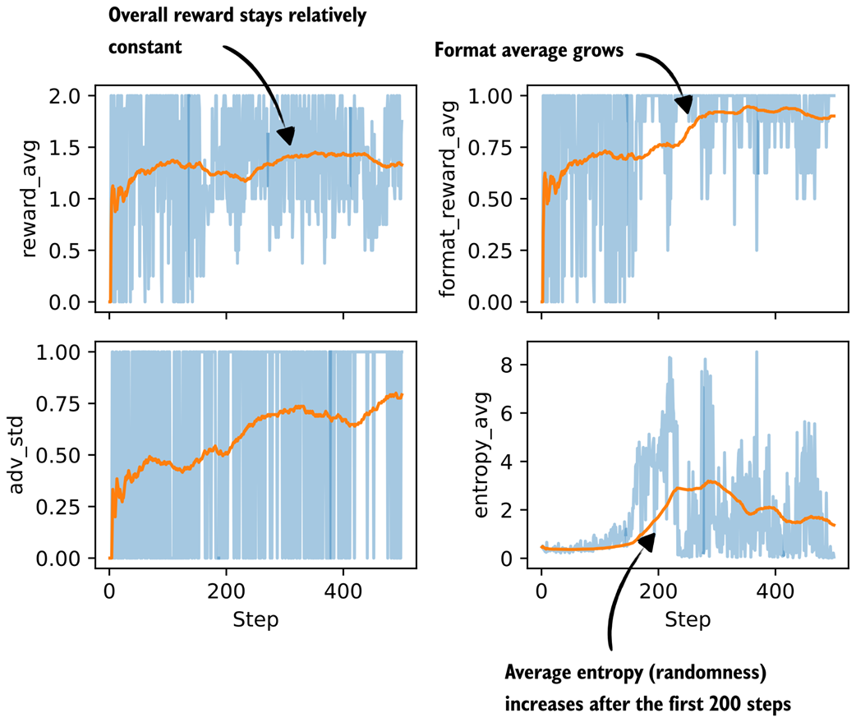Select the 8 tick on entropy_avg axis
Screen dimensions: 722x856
tap(518, 365)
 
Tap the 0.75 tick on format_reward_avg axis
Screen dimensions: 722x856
tap(496, 148)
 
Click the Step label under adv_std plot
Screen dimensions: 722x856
tap(255, 620)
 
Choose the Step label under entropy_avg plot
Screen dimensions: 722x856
tap(687, 620)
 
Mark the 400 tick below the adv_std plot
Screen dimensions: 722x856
tap(343, 591)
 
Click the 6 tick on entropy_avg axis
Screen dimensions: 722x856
tap(518, 413)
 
